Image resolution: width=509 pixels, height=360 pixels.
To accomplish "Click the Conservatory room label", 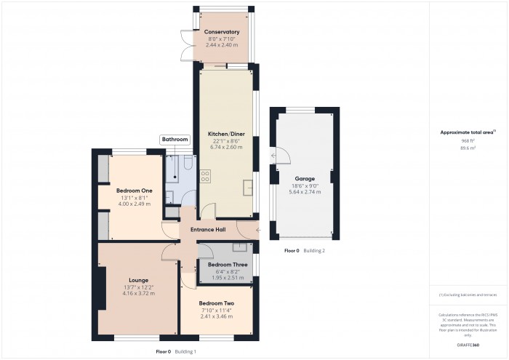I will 222,32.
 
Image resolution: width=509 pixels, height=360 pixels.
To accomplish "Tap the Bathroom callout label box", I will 175,139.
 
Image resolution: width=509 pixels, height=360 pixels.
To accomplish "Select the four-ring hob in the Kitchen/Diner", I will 205,176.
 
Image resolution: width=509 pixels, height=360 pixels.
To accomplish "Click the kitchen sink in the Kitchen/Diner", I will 249,184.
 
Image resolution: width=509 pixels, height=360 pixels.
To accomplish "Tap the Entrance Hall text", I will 208,230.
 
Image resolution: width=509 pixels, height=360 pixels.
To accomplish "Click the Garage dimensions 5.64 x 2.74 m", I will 305,192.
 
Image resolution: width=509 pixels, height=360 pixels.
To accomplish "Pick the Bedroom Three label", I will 226,265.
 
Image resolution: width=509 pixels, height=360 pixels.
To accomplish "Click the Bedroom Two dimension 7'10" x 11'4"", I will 217,311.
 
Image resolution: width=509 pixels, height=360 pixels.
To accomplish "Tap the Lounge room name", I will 138,280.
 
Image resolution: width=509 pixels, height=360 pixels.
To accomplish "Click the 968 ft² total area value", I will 468,141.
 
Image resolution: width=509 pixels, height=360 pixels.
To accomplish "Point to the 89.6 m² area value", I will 468,148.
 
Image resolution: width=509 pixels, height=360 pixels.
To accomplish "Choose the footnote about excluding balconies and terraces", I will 468,295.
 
